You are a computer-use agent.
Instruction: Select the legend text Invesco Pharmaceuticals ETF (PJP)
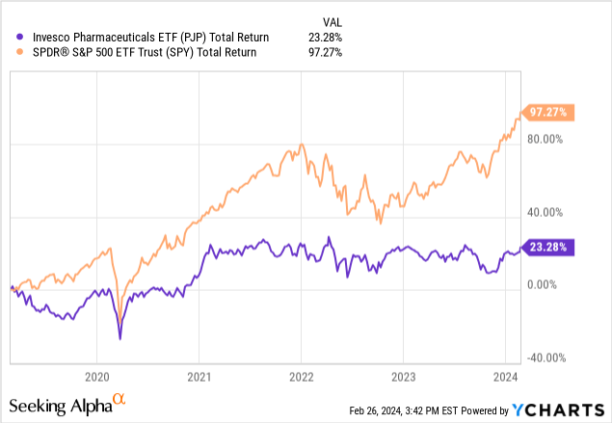point(144,37)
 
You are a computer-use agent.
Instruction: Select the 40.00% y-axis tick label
point(545,212)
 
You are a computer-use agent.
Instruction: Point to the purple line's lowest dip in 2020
point(120,338)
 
